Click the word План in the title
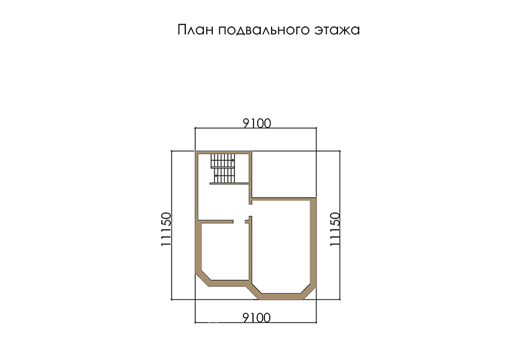coord(195,30)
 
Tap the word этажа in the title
coord(337,31)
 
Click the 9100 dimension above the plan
coord(257,124)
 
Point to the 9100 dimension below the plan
coord(257,318)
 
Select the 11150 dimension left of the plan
coord(166,229)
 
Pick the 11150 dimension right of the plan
coord(335,229)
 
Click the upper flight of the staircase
coord(222,160)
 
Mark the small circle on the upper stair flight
coord(233,160)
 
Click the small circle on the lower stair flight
coord(216,176)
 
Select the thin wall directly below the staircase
coord(230,184)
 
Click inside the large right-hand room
coord(281,245)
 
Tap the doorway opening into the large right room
coord(251,210)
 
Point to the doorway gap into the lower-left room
coord(239,222)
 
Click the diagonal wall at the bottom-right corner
coord(309,292)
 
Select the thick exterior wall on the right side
coord(314,242)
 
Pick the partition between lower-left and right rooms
coord(251,250)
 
